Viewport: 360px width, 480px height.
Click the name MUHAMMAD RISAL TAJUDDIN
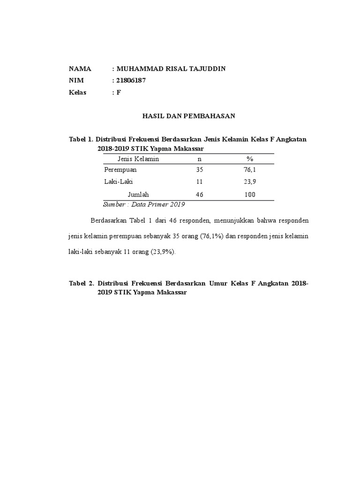coord(171,69)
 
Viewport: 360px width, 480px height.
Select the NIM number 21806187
coord(131,81)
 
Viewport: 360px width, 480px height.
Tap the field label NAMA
coord(80,69)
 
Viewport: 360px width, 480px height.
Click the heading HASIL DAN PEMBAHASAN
coord(188,115)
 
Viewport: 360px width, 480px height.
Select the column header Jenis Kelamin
coord(138,159)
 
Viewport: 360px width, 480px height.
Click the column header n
coord(199,159)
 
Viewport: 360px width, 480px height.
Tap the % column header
coord(249,159)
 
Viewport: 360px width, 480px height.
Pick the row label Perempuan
coord(120,170)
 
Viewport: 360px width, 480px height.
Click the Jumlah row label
coord(138,194)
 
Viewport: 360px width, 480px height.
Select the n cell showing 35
coord(199,170)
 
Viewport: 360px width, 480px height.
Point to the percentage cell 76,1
coord(249,170)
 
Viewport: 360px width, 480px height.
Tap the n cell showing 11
coord(199,182)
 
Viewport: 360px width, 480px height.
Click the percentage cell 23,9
coord(249,182)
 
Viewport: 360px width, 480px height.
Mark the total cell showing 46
coord(199,194)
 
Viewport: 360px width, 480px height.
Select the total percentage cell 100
coord(249,194)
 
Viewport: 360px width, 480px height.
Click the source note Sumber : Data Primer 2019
coord(144,204)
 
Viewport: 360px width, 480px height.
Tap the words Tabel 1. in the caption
coord(81,139)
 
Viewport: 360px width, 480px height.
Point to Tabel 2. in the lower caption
coord(82,284)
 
